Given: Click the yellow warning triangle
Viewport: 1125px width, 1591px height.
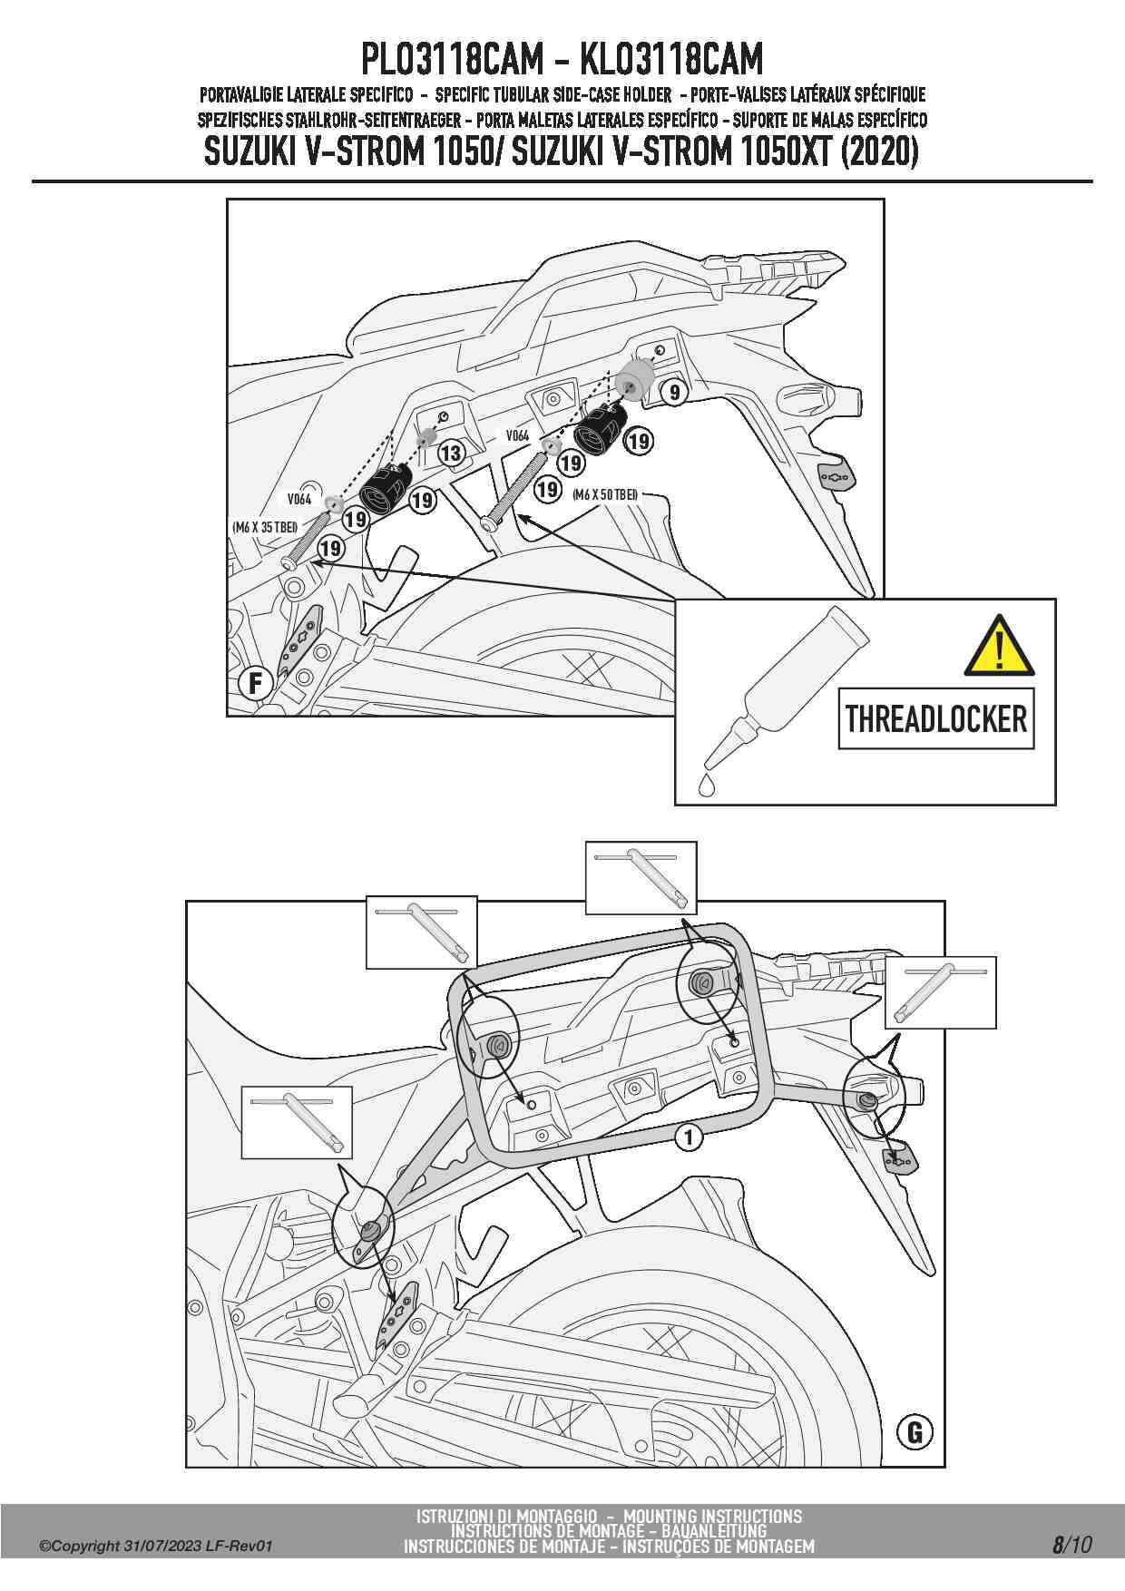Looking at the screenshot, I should pyautogui.click(x=999, y=648).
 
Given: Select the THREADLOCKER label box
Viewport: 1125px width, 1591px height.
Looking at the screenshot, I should pyautogui.click(x=936, y=718).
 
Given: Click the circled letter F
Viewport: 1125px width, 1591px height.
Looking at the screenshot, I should pyautogui.click(x=256, y=682).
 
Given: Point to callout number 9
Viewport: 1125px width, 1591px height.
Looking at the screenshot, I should pyautogui.click(x=674, y=393).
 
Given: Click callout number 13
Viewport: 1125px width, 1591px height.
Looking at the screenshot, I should pyautogui.click(x=451, y=453).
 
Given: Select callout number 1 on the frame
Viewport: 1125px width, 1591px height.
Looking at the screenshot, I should pyautogui.click(x=689, y=1137).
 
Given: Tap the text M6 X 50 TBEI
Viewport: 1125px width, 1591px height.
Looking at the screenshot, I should pyautogui.click(x=605, y=494).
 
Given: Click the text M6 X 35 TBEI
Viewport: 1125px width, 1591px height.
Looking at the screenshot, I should pyautogui.click(x=265, y=527).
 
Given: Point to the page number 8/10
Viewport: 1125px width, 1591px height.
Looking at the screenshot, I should pyautogui.click(x=1071, y=1545).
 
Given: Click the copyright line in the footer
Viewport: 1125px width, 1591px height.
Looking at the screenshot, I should pyautogui.click(x=156, y=1547).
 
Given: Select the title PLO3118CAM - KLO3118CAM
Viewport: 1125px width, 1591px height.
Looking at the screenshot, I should pyautogui.click(x=562, y=60).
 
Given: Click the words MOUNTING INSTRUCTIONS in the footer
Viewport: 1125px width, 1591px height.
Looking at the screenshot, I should pyautogui.click(x=712, y=1516).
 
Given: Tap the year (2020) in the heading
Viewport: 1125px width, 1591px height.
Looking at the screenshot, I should pyautogui.click(x=879, y=151).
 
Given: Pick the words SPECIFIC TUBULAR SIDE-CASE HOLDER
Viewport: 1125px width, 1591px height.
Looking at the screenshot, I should pyautogui.click(x=553, y=94).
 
